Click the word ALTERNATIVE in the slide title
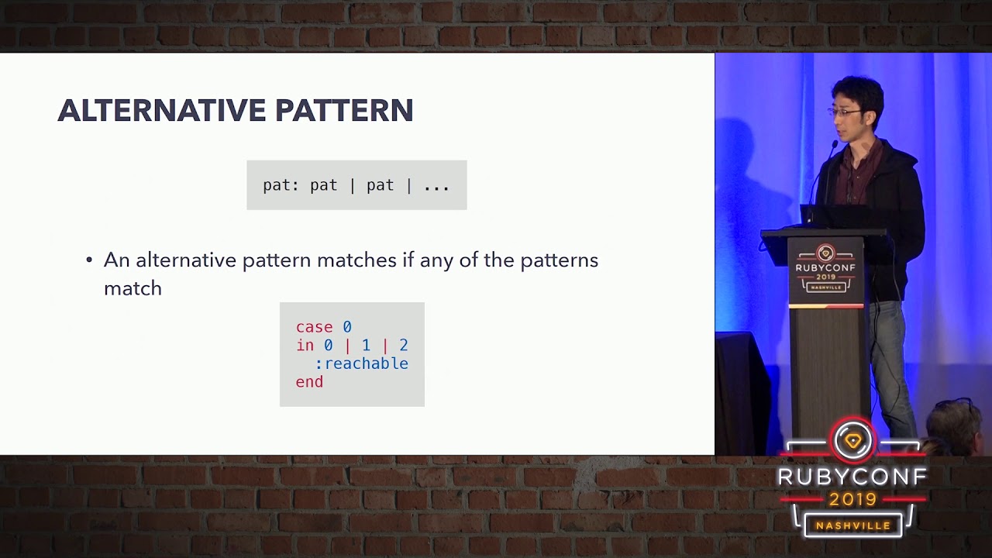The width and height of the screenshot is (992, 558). [161, 110]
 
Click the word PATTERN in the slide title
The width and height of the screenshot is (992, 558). [344, 110]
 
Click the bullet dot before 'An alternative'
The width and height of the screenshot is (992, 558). [89, 260]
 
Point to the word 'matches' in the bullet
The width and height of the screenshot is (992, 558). [357, 260]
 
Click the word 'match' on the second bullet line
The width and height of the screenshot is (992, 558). [133, 288]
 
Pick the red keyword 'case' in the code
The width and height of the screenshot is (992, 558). [314, 327]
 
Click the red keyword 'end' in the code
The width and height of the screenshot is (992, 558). [309, 382]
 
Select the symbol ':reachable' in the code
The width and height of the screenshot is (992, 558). [361, 363]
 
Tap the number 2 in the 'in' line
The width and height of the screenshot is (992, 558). [404, 345]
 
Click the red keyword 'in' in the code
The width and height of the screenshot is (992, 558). [305, 345]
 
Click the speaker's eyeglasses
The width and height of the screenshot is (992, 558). [845, 112]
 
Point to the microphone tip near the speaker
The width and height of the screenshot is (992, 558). [835, 144]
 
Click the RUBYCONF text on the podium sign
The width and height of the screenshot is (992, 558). [825, 267]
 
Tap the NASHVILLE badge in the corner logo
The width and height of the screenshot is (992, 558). [853, 525]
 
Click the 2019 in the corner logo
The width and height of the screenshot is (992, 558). [853, 500]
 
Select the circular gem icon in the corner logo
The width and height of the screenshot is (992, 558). [853, 441]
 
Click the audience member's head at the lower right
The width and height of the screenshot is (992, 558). [956, 427]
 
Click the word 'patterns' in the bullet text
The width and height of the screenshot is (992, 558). [560, 261]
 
